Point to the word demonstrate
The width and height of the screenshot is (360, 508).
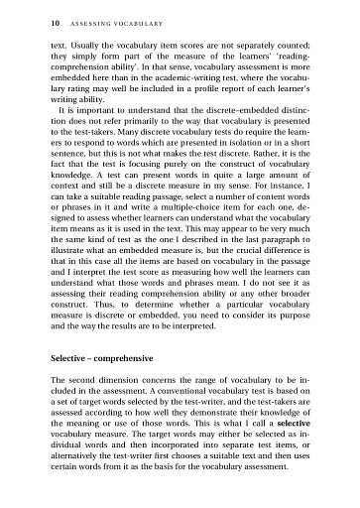tap(218, 408)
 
